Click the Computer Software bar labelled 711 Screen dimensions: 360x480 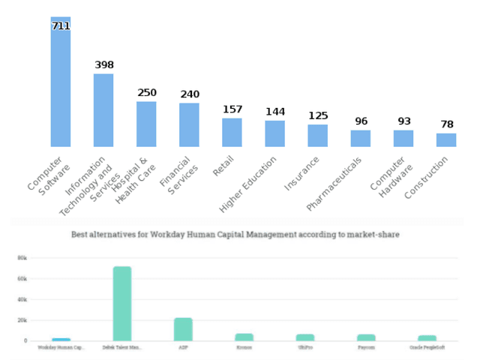[x=61, y=82]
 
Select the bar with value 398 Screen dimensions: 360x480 [x=103, y=110]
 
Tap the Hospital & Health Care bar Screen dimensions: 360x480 [x=146, y=124]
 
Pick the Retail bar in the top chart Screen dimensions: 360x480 [x=232, y=132]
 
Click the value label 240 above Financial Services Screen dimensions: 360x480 [x=190, y=94]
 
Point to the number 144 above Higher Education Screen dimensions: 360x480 [x=275, y=112]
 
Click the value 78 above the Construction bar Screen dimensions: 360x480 [x=446, y=124]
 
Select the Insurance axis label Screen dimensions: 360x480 [x=302, y=173]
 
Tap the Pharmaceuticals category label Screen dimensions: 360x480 [x=335, y=183]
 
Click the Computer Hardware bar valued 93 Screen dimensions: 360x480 [x=403, y=138]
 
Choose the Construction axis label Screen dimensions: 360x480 [x=427, y=178]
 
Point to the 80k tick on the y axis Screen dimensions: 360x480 [x=22, y=257]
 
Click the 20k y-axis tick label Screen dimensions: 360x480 [x=22, y=319]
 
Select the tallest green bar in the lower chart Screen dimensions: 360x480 [x=122, y=303]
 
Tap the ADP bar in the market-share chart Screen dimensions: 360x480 [x=183, y=328]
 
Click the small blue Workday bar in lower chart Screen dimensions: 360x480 [x=61, y=340]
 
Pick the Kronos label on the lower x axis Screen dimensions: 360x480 [x=244, y=348]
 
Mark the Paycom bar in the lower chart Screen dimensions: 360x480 [x=366, y=337]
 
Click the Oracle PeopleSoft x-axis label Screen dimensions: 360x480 [x=427, y=348]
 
